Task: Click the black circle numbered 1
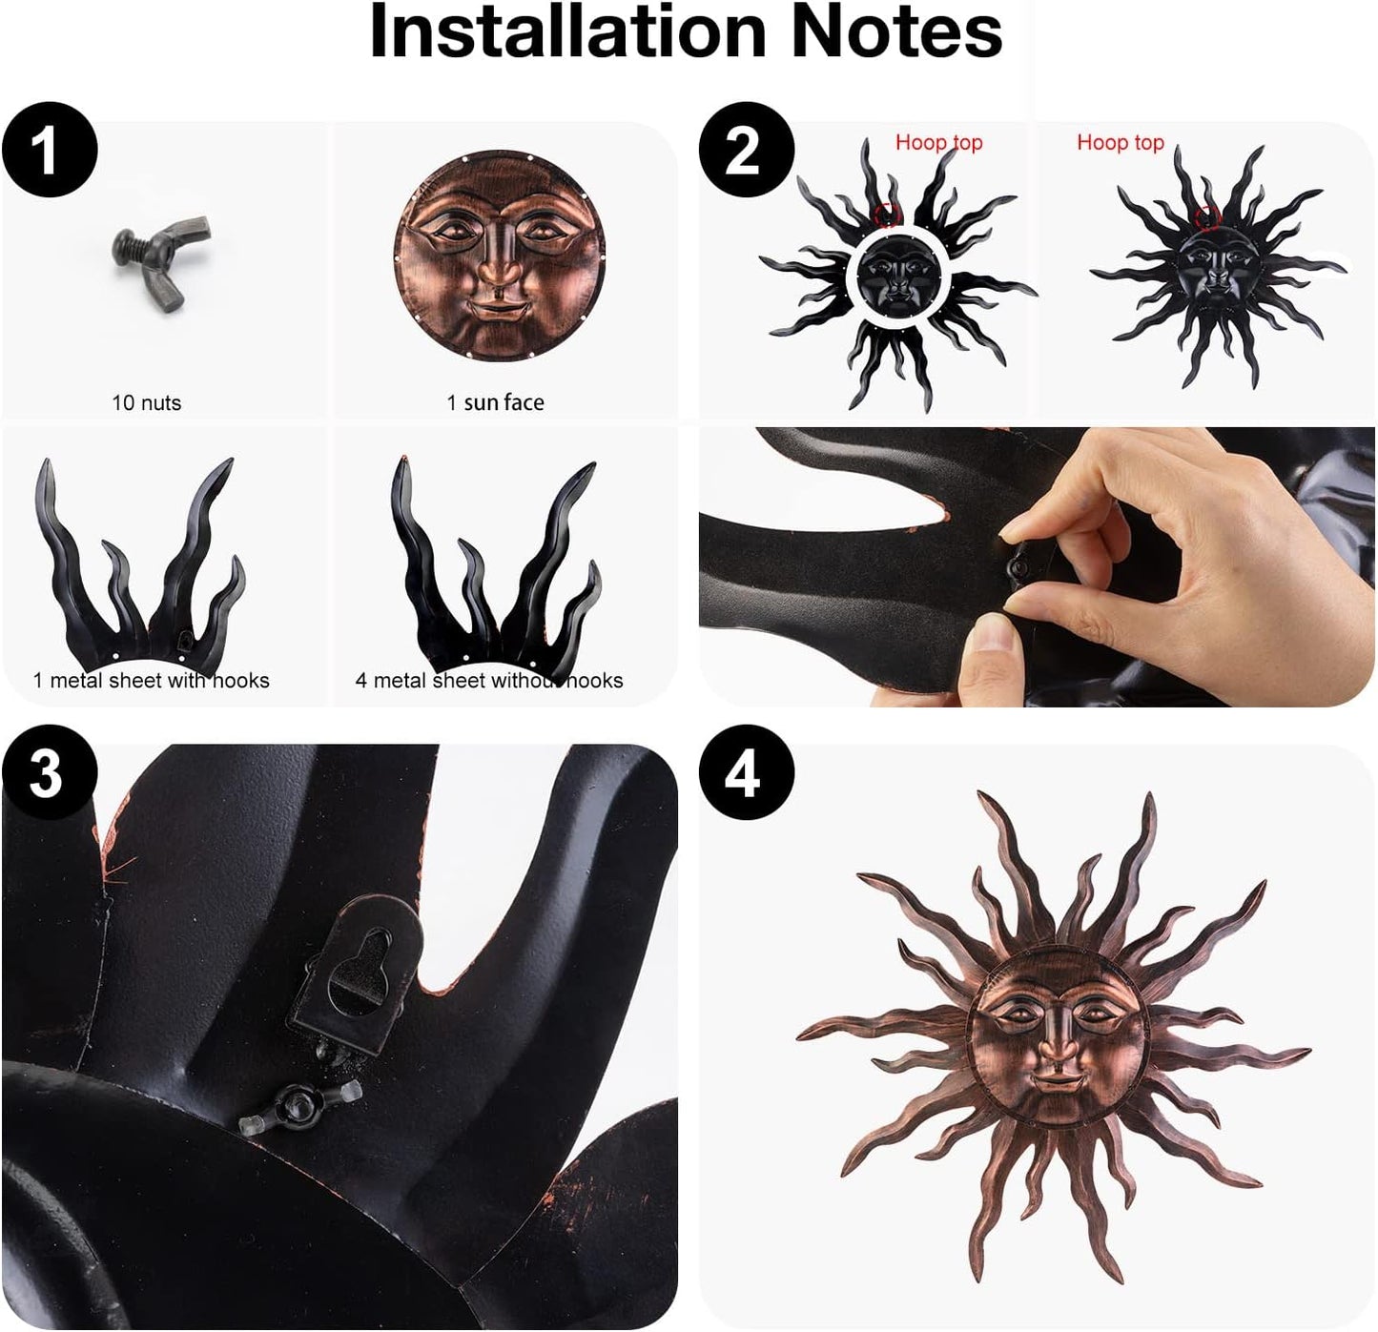click(x=50, y=151)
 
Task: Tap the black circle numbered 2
click(x=747, y=151)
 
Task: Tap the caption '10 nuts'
click(x=146, y=402)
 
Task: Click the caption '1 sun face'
click(x=495, y=402)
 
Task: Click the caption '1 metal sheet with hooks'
click(x=151, y=680)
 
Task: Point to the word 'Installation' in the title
click(x=567, y=32)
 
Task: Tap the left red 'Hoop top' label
click(x=938, y=143)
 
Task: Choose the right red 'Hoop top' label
click(x=1120, y=143)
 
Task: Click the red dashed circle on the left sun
click(x=888, y=215)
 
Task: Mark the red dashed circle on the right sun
click(x=1208, y=216)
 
